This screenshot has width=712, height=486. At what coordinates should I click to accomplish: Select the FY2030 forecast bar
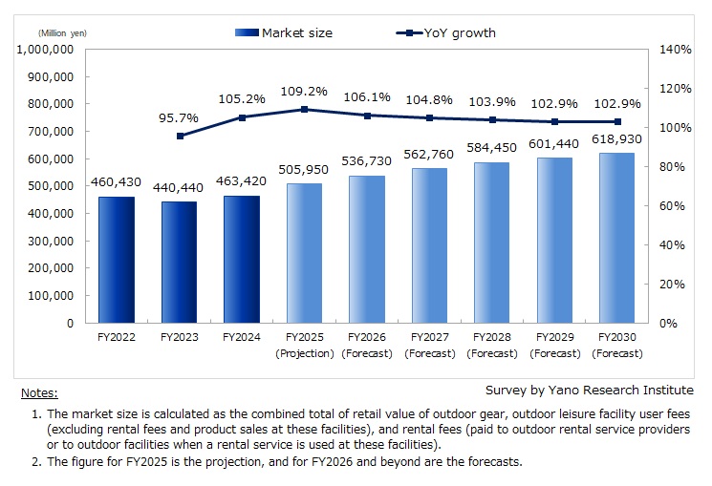click(x=616, y=238)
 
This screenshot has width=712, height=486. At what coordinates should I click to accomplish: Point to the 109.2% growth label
click(x=304, y=92)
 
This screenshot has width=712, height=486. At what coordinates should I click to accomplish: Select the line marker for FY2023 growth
click(x=179, y=136)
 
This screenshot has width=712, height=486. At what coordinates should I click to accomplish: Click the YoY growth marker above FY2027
click(x=429, y=118)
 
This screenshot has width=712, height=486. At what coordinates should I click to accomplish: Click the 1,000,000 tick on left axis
click(x=47, y=49)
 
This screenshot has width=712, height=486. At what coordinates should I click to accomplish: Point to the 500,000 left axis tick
click(x=53, y=186)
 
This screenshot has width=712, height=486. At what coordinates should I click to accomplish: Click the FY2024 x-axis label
click(x=241, y=338)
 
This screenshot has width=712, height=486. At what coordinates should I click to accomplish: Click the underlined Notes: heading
click(x=39, y=392)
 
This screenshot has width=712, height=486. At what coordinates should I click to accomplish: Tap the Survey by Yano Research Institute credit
click(x=588, y=390)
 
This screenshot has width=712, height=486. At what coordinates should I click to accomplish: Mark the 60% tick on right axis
click(x=675, y=205)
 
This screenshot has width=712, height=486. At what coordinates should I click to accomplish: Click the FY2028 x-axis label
click(x=491, y=338)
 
